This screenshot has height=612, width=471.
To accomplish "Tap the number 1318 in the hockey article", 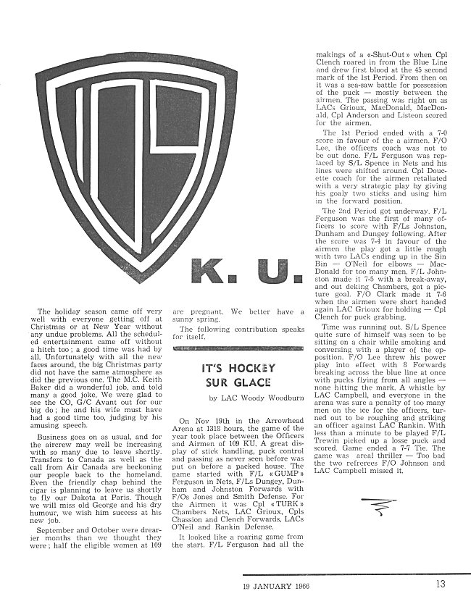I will pos(217,429).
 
